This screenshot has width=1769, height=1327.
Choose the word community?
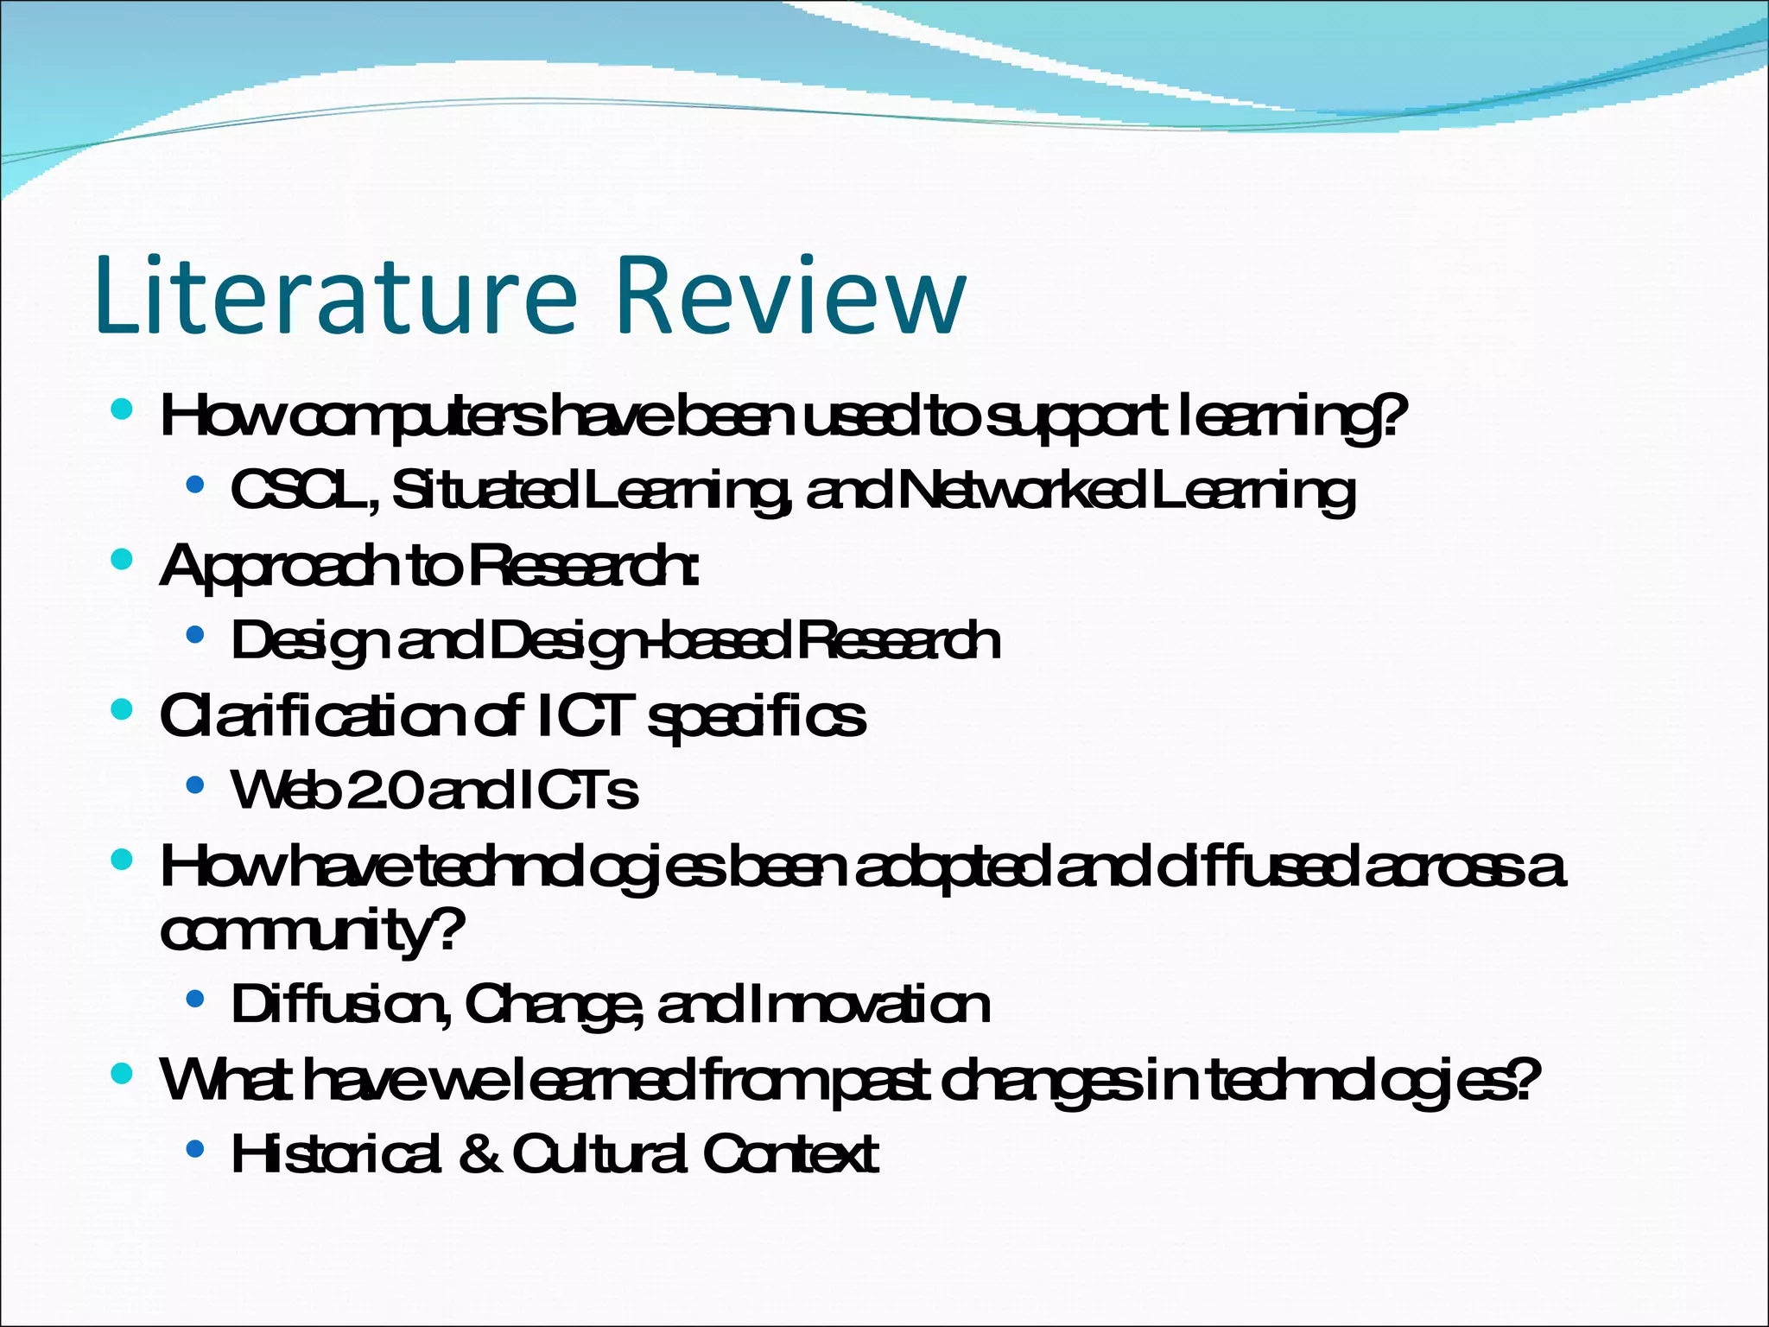point(311,931)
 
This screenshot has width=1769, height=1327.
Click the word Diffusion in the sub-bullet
point(339,1005)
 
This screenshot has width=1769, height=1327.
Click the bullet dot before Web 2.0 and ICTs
point(195,784)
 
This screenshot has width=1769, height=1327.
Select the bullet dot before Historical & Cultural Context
point(195,1148)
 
